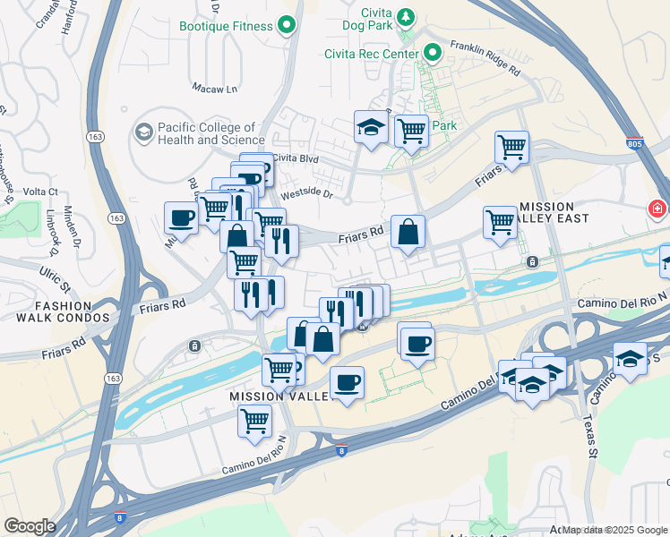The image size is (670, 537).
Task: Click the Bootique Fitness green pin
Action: (x=287, y=26)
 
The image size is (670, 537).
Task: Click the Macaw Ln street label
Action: (x=215, y=89)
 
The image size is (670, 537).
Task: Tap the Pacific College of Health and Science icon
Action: (x=142, y=133)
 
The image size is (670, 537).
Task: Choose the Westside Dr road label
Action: (x=306, y=193)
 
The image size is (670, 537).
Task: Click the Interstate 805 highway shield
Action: (x=634, y=143)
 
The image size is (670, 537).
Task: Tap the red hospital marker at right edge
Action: (x=658, y=209)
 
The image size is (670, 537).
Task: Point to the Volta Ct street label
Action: (x=40, y=192)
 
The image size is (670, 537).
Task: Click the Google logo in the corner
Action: (x=29, y=526)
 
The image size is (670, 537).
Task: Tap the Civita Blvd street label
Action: (x=296, y=158)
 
